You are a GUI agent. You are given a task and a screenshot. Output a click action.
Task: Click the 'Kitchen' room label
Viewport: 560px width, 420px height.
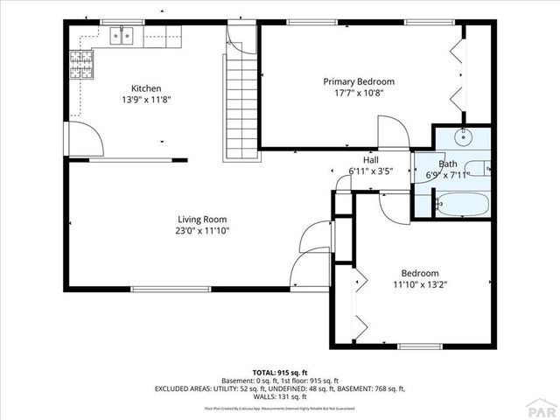pyautogui.click(x=145, y=87)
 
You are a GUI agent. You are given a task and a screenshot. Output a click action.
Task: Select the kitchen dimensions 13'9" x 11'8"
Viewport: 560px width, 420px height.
pyautogui.click(x=145, y=99)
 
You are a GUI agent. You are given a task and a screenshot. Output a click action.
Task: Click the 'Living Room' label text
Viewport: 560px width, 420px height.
pyautogui.click(x=203, y=219)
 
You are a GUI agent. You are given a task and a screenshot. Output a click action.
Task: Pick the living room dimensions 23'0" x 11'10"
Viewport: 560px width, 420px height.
pyautogui.click(x=203, y=231)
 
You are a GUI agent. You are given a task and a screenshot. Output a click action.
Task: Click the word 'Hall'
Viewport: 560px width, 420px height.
pyautogui.click(x=371, y=160)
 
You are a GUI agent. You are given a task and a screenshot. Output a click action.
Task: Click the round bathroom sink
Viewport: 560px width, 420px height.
pyautogui.click(x=464, y=137)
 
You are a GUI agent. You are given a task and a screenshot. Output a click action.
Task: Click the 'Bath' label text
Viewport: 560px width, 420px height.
pyautogui.click(x=447, y=164)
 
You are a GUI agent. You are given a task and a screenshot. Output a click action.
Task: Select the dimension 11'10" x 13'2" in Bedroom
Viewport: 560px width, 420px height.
pyautogui.click(x=420, y=284)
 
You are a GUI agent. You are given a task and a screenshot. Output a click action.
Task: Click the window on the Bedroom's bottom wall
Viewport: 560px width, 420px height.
pyautogui.click(x=419, y=346)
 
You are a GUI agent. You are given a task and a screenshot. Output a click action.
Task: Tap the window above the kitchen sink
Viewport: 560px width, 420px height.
pyautogui.click(x=122, y=22)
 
